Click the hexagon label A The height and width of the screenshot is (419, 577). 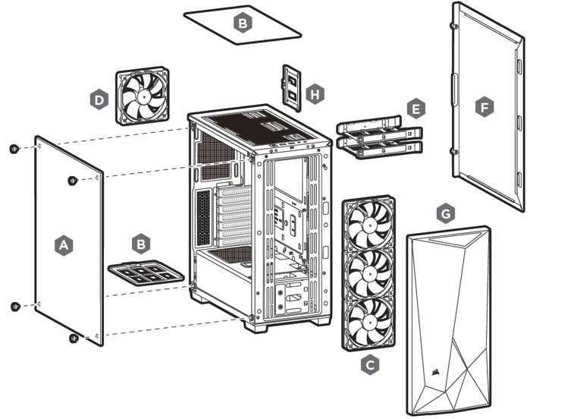(x=64, y=245)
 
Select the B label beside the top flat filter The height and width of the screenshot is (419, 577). (x=242, y=24)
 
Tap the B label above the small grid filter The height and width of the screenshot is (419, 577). (x=140, y=244)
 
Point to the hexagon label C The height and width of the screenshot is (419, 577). (x=370, y=365)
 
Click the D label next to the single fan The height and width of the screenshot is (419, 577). (x=98, y=99)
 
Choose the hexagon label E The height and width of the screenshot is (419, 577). (x=414, y=109)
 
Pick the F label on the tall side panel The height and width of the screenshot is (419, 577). (x=483, y=108)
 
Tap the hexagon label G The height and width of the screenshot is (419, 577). (x=447, y=214)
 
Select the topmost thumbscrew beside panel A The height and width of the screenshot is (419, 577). (x=14, y=149)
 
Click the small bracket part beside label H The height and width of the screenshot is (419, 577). (x=292, y=84)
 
